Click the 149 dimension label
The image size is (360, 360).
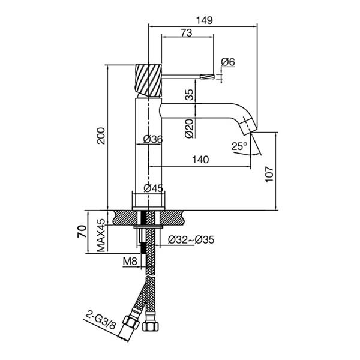tap(205, 20)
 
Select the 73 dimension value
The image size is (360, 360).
tap(187, 33)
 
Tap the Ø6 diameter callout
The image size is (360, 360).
tap(228, 62)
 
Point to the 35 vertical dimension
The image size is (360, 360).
tap(190, 95)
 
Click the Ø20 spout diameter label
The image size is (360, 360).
tap(190, 128)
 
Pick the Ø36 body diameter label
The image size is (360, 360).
tap(153, 139)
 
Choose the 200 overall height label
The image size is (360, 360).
tap(101, 136)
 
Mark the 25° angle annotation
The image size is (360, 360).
tap(239, 146)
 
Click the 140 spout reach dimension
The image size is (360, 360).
tap(200, 160)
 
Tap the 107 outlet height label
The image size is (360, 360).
tap(269, 175)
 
